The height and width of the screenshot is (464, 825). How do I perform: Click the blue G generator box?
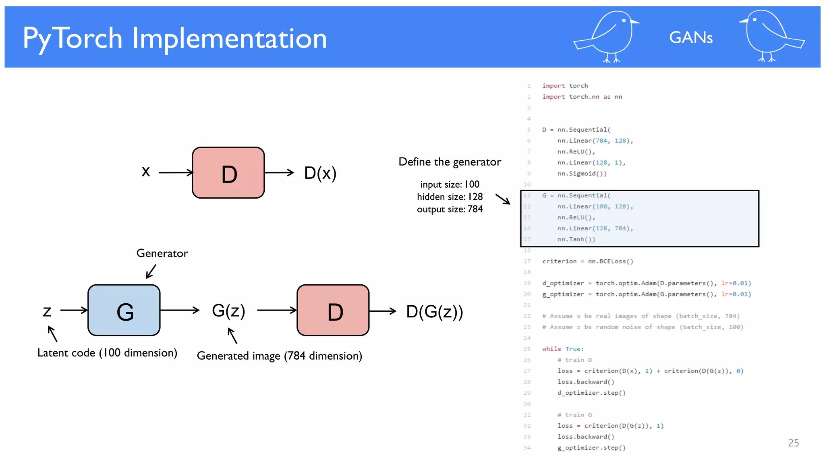click(124, 310)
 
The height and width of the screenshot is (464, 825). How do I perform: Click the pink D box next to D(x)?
click(228, 173)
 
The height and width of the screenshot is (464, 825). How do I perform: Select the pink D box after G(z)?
click(333, 310)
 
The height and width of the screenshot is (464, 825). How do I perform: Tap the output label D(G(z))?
click(434, 311)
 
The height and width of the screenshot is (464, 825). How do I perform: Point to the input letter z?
click(47, 311)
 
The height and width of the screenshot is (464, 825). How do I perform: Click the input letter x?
click(146, 172)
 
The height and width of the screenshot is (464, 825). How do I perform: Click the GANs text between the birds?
click(690, 37)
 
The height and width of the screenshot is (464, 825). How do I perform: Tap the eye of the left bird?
click(624, 20)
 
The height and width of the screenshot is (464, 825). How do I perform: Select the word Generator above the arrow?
click(162, 253)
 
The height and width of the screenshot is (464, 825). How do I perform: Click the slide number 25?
click(793, 443)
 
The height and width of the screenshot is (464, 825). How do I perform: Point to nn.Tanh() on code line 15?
click(576, 239)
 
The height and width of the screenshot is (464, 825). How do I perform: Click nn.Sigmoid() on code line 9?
click(582, 174)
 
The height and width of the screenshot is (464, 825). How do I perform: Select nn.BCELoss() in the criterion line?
click(610, 261)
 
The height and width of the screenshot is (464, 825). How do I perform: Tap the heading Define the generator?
click(450, 162)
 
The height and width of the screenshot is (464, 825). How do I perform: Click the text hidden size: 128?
click(450, 197)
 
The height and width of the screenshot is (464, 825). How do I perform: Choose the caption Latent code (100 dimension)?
click(107, 353)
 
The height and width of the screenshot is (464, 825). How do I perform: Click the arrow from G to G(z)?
click(180, 310)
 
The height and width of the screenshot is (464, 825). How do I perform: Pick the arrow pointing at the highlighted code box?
click(503, 199)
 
